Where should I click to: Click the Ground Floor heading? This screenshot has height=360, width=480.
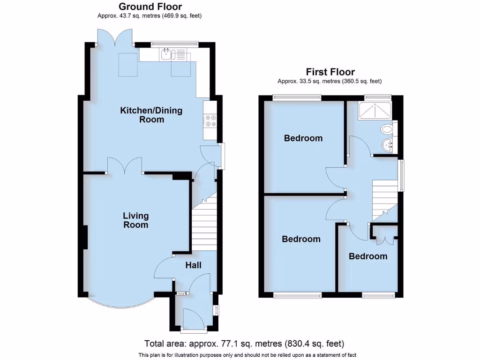[150, 7]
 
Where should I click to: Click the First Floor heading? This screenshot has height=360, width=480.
[330, 72]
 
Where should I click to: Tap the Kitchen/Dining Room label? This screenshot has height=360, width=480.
[151, 115]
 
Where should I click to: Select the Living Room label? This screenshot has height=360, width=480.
[135, 220]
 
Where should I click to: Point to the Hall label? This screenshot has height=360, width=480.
[193, 265]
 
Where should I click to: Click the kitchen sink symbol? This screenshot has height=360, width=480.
[166, 55]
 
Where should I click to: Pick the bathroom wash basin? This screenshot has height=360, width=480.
[388, 145]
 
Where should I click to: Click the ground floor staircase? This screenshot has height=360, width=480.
[204, 225]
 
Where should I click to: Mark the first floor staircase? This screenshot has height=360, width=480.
[384, 199]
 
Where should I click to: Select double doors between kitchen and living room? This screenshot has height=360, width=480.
[125, 166]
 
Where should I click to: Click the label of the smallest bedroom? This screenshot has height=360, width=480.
[368, 256]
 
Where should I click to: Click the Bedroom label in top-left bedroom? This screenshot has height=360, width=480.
[303, 138]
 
